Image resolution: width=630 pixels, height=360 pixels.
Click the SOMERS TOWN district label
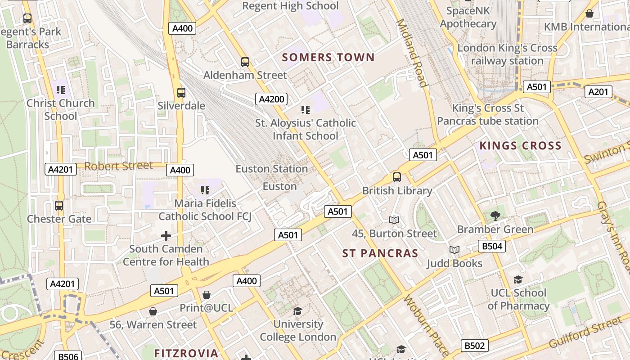(328, 57)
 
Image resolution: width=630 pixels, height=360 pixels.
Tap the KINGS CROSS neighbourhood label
(521, 146)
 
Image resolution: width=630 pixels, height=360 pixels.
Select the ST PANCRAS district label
(380, 253)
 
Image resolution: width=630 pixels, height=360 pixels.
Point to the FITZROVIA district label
(186, 353)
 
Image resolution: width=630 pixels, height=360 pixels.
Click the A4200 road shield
(271, 99)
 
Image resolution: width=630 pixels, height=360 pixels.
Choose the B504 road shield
(491, 246)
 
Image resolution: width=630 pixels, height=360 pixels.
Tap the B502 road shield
(475, 346)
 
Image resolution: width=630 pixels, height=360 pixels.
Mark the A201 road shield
(599, 92)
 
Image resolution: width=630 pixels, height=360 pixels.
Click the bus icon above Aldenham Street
(245, 62)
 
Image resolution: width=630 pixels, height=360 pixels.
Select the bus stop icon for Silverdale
(181, 93)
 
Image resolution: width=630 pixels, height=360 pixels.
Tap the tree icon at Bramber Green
(495, 216)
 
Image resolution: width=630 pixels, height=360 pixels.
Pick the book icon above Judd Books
(454, 250)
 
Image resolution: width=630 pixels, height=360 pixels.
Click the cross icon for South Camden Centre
(166, 235)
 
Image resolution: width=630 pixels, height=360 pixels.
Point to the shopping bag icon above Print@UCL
(207, 295)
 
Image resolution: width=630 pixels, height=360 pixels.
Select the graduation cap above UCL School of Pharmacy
(518, 280)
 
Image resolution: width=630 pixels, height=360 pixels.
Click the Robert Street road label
(119, 166)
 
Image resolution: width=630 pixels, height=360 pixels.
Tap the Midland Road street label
(411, 53)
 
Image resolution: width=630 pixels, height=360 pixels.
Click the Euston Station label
(272, 169)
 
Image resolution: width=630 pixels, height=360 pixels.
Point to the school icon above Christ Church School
(61, 90)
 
